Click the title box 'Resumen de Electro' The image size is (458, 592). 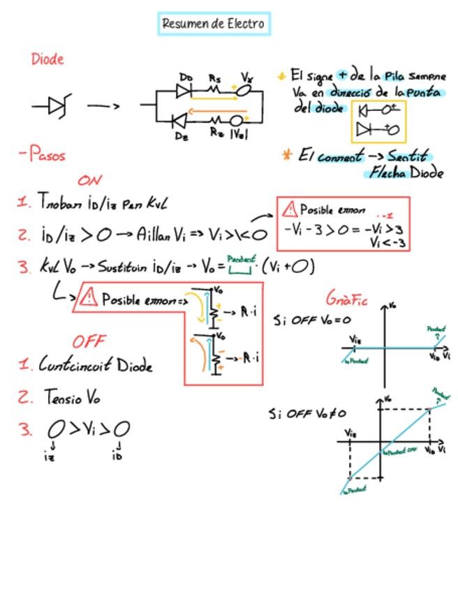coord(213,24)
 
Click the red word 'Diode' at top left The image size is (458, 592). coord(47,59)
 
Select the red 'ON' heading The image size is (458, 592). coord(90,180)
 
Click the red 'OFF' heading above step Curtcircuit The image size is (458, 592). coord(89,341)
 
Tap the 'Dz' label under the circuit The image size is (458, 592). coord(182,135)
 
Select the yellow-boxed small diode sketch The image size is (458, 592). coord(378,120)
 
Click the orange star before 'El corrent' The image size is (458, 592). coord(286,154)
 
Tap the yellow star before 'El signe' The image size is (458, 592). coord(281,75)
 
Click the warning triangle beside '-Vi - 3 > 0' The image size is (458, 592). coord(289,209)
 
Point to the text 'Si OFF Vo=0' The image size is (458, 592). coord(311,320)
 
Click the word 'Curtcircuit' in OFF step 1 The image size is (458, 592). coord(75,364)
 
